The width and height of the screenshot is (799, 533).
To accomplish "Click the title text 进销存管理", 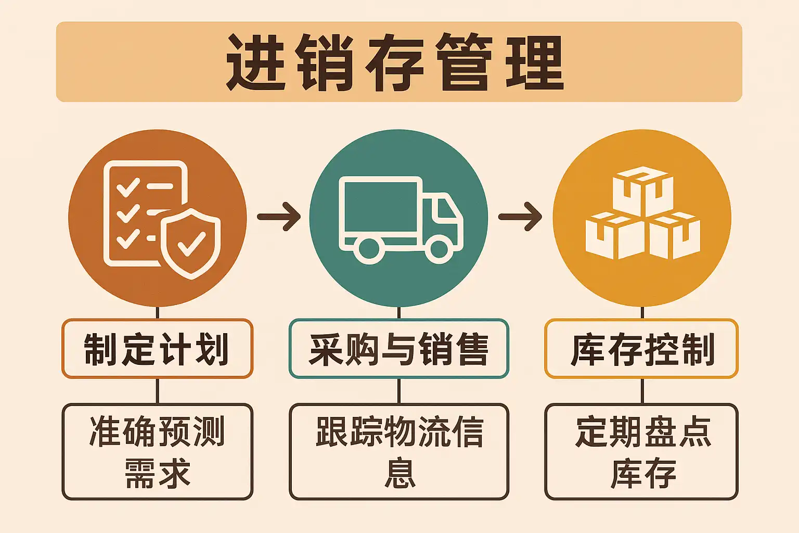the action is pyautogui.click(x=395, y=62).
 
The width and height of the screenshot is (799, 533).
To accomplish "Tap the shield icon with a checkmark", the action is pyautogui.click(x=191, y=244).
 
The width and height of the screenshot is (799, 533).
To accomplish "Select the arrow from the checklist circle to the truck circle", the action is pyautogui.click(x=279, y=217).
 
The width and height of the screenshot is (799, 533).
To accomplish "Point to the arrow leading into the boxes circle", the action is pyautogui.click(x=520, y=217).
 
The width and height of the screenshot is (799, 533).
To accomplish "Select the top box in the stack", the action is pyautogui.click(x=643, y=191).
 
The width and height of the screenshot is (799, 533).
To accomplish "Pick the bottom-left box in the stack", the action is pyautogui.click(x=615, y=236).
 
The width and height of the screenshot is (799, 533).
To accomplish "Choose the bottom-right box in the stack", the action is pyautogui.click(x=674, y=236).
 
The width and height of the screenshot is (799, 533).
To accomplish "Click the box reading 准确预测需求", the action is pyautogui.click(x=157, y=452).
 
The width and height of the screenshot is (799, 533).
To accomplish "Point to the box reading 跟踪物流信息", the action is pyautogui.click(x=399, y=452).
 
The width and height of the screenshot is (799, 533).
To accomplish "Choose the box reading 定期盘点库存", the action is pyautogui.click(x=641, y=452).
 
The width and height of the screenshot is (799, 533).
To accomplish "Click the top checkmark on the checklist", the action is pyautogui.click(x=128, y=187).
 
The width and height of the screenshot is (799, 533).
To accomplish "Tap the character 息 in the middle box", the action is pyautogui.click(x=400, y=473).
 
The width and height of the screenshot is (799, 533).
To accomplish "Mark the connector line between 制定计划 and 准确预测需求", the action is pyautogui.click(x=157, y=390).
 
